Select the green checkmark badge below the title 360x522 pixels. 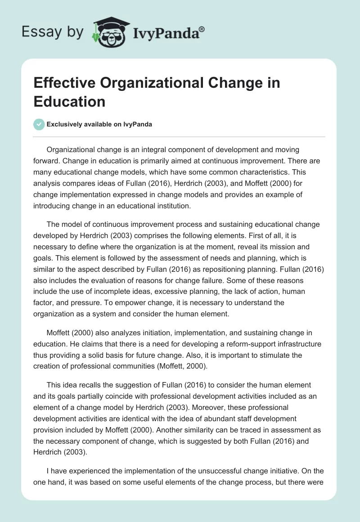point(40,124)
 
